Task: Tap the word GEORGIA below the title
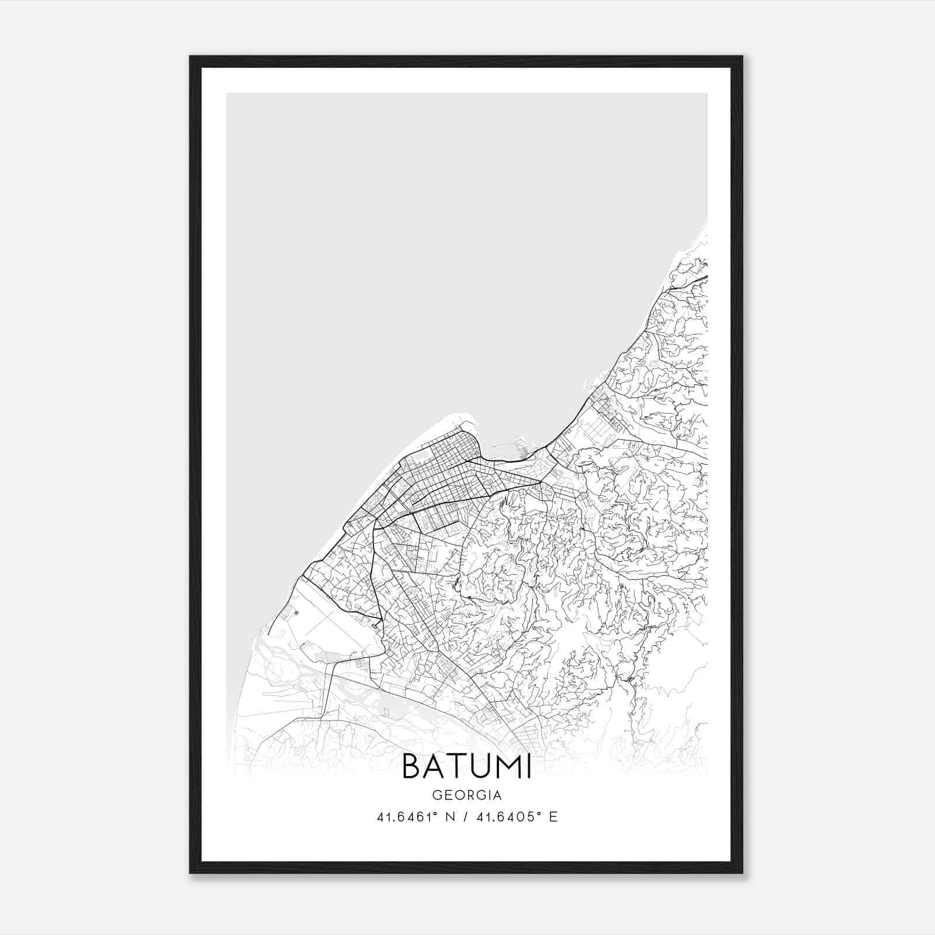coord(467,795)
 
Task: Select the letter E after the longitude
coord(553,817)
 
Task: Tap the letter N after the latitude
coord(450,817)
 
